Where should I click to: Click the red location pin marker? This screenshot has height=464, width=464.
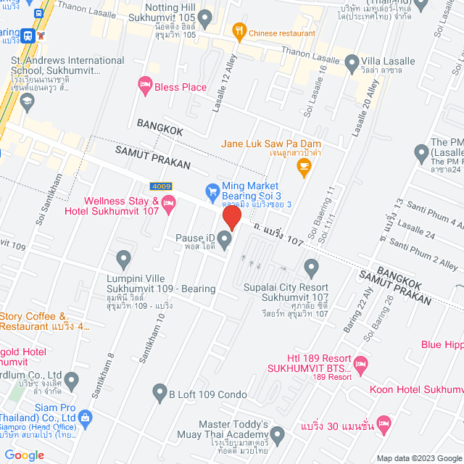coord(231,217)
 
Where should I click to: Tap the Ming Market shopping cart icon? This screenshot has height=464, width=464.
coord(212,191)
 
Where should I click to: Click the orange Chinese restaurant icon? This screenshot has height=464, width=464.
coord(238,31)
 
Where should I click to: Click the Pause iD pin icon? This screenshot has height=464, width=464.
coord(225,238)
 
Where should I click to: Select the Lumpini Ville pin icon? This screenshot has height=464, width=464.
coord(124,258)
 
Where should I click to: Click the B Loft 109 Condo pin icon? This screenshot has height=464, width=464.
coord(160,394)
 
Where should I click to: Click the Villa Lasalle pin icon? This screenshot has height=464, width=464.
coord(352,62)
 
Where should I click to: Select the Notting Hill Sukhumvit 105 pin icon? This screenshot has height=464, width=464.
coord(205,17)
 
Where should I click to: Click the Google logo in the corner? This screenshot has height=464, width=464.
coord(24,455)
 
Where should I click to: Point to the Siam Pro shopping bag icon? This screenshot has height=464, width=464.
coord(86,417)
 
